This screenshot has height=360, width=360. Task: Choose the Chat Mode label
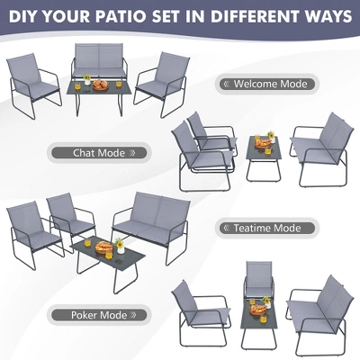95,153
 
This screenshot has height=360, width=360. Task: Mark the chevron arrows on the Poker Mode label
138,315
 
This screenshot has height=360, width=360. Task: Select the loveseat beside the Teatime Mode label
143,220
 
